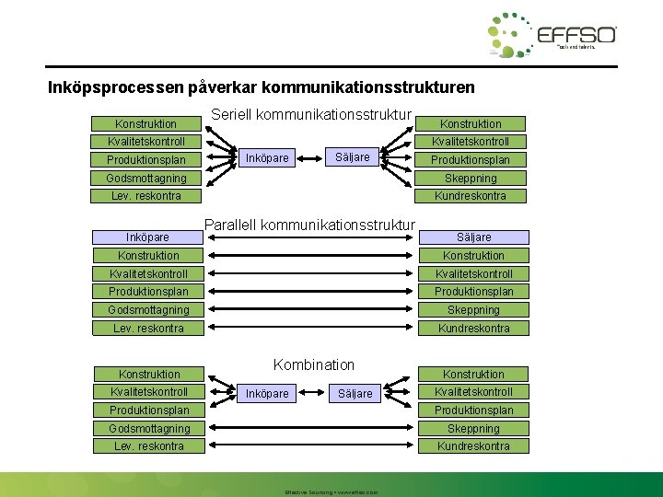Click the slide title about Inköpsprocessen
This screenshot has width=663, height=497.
point(262,88)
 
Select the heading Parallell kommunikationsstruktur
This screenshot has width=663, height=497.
point(310,224)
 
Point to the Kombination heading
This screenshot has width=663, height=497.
point(314,364)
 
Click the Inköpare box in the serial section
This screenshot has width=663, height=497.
point(267,157)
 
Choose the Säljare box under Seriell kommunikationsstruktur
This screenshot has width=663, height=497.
point(353,157)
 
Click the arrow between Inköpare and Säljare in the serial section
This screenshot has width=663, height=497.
point(310,157)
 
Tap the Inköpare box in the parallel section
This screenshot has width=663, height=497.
point(147,237)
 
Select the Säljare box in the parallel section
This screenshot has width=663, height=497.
point(472,237)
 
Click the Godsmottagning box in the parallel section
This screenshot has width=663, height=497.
point(147,310)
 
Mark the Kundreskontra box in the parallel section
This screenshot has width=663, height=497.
point(472,329)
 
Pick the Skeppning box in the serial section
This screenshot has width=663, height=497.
point(472,179)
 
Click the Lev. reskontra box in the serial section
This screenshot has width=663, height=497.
point(147,196)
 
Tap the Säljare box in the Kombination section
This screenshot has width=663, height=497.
point(355,394)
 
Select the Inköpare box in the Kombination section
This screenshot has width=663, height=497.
point(267,394)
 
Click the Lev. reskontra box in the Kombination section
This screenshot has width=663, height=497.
point(147,446)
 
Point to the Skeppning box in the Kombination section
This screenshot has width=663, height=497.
point(472,429)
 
